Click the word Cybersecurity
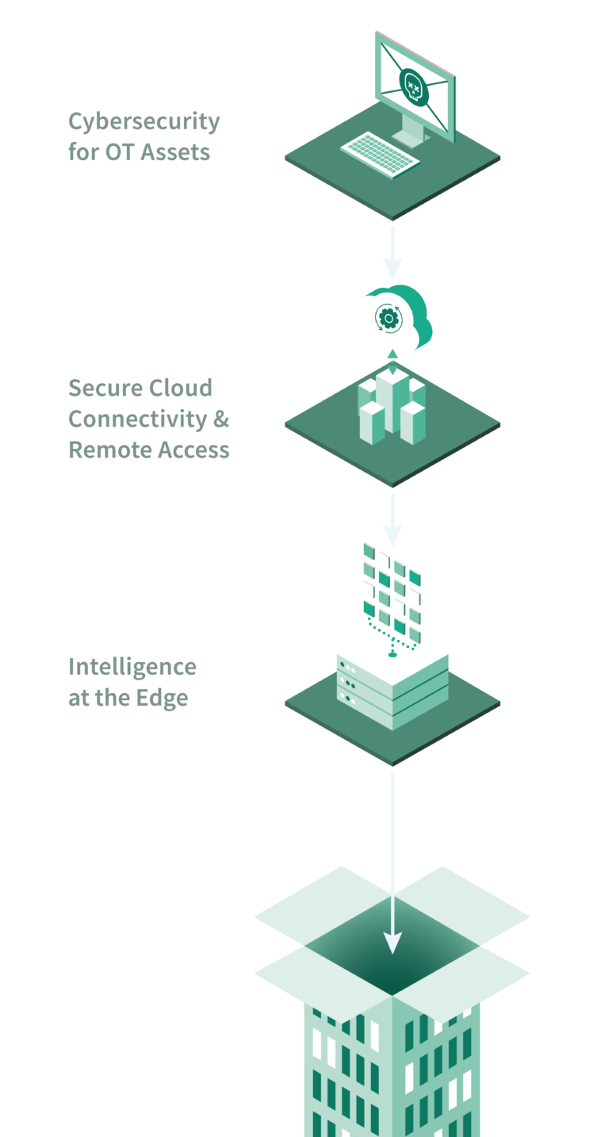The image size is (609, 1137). [x=144, y=122]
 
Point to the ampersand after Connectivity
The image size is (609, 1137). [x=220, y=419]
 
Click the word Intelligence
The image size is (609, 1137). [x=132, y=668]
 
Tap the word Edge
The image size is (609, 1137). [x=165, y=699]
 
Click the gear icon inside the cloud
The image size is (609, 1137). [x=388, y=318]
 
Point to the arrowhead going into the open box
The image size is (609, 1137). [x=393, y=942]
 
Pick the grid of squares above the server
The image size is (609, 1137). [x=392, y=587]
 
